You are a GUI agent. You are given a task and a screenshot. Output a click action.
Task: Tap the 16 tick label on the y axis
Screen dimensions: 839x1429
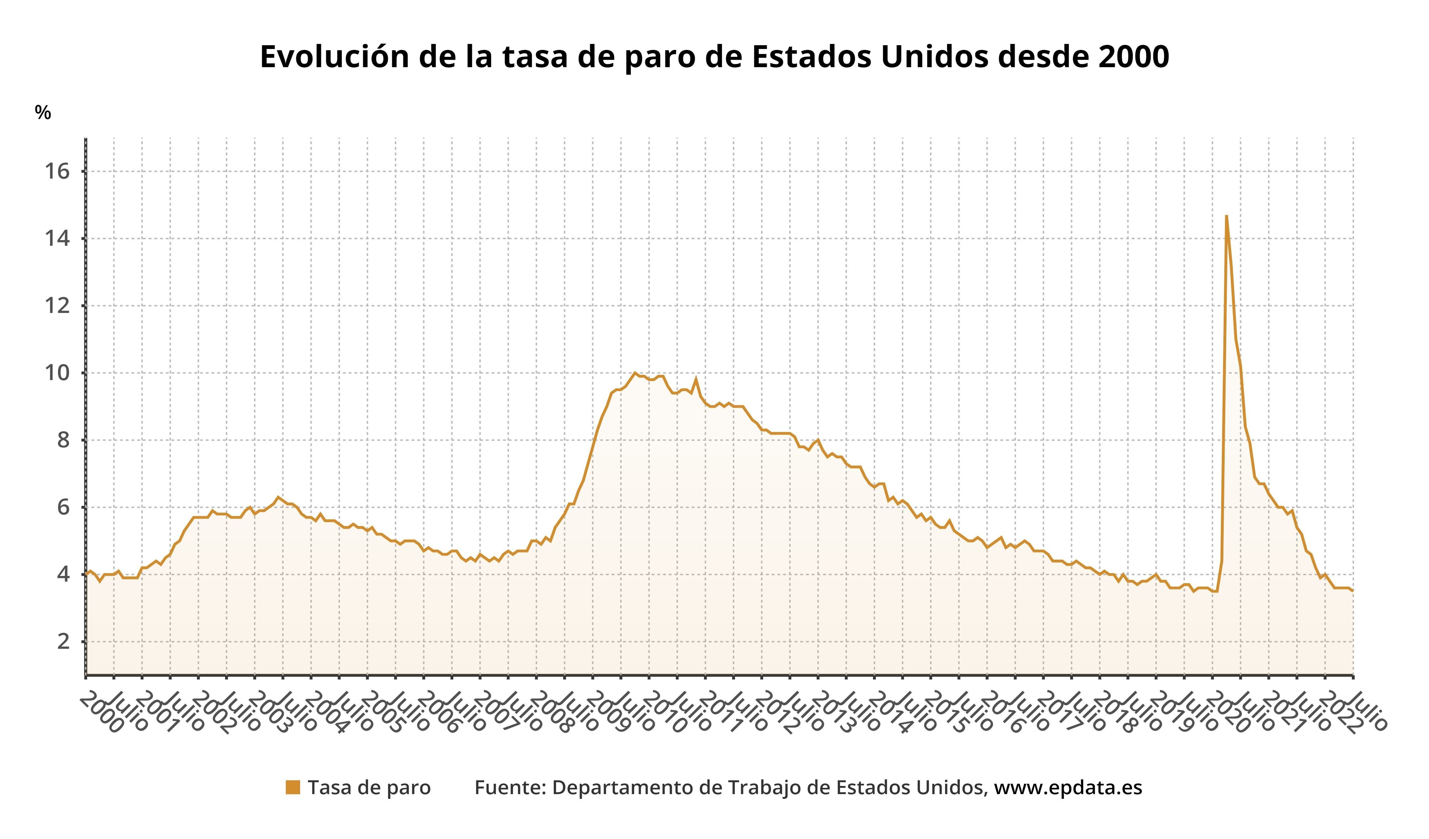point(57,171)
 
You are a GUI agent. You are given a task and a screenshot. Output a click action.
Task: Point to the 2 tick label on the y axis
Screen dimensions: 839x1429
point(63,641)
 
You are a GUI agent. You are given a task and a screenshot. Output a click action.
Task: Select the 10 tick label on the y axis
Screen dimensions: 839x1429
point(57,373)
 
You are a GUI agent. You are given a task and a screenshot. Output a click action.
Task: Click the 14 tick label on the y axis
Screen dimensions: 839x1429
point(57,238)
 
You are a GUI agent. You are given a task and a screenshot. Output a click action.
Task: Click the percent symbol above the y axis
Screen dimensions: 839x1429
point(42,112)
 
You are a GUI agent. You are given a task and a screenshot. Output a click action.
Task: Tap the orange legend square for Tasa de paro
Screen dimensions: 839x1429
point(293,788)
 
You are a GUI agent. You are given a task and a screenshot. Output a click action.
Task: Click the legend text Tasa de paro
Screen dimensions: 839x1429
point(369,788)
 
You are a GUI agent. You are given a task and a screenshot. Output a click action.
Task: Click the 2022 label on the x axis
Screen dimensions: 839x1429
point(1342,713)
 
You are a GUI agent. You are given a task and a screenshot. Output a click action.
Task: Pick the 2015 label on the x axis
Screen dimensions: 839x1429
point(947,713)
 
